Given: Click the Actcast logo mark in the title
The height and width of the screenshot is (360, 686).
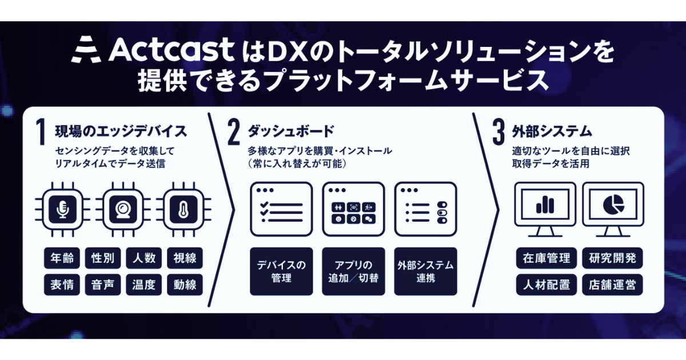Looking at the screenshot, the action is [86, 50].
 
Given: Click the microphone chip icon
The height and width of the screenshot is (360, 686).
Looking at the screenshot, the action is [62, 209].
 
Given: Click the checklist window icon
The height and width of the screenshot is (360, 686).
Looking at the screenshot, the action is [281, 209].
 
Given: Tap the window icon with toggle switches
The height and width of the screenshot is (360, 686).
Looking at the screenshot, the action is [426, 209].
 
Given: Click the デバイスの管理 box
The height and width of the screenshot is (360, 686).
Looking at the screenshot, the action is [281, 271].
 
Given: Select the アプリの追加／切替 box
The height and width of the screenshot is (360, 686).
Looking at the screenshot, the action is [353, 271].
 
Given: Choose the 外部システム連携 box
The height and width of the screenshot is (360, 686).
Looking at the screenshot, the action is [426, 271].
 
